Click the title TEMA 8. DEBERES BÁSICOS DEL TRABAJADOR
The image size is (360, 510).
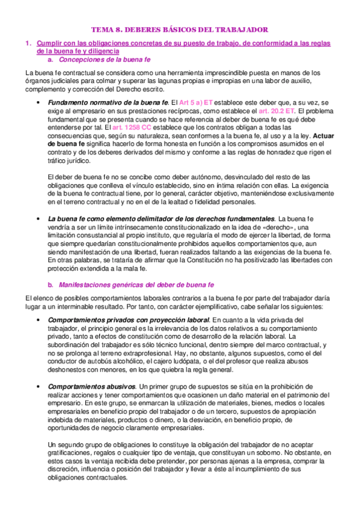pyautogui.click(x=179, y=29)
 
